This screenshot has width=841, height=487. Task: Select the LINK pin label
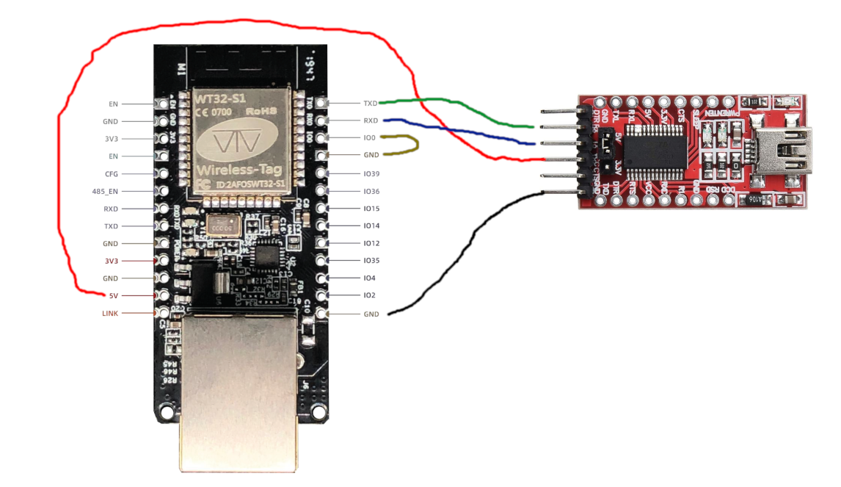tap(109, 314)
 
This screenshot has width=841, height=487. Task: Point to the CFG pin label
tap(111, 174)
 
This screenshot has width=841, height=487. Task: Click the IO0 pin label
tap(369, 138)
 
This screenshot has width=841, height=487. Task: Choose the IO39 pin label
tap(371, 174)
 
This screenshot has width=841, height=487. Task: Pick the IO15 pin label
tap(371, 209)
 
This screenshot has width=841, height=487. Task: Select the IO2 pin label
tap(369, 295)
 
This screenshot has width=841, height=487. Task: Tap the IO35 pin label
tap(371, 261)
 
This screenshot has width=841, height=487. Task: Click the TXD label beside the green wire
tap(371, 104)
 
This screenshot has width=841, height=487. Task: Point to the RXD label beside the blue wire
tap(371, 120)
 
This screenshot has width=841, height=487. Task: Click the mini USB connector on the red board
tap(786, 151)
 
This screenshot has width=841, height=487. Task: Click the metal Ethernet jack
tap(239, 389)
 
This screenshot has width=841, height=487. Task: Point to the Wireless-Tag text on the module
tap(239, 170)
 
